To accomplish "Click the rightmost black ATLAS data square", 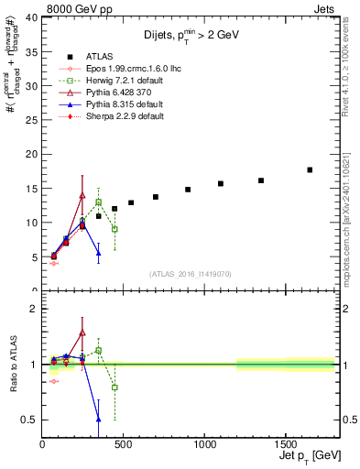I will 310,169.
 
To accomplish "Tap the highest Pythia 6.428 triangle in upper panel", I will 82,195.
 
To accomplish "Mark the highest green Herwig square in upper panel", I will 98,202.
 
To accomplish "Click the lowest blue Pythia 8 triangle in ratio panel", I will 98,419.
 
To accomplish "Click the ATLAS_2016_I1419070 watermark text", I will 191,273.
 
